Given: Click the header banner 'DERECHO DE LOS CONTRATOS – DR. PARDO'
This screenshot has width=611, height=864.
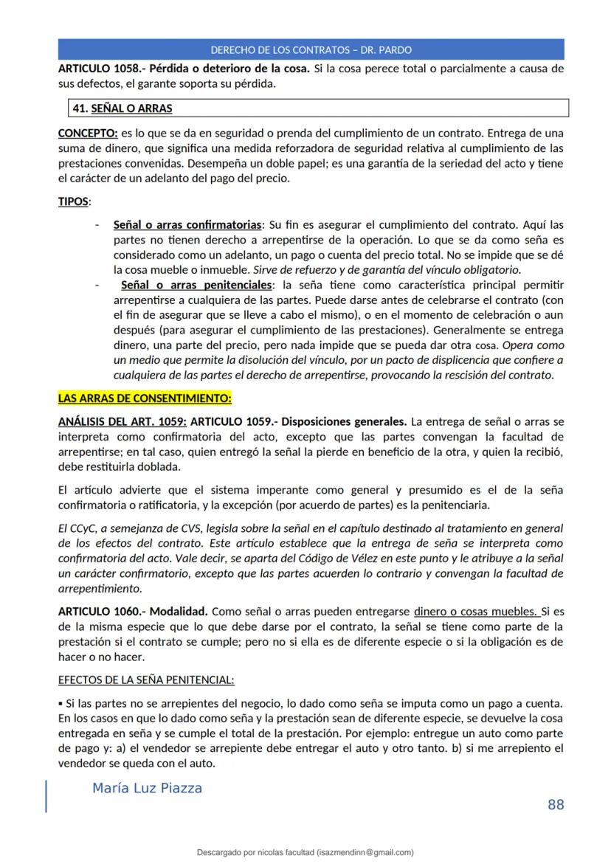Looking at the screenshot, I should pyautogui.click(x=311, y=50).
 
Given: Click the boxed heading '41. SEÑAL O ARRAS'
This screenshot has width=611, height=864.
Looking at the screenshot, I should pyautogui.click(x=122, y=108).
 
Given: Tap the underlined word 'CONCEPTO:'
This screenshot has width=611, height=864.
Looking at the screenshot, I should pyautogui.click(x=88, y=134).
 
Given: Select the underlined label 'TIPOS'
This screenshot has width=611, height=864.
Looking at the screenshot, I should pyautogui.click(x=73, y=201).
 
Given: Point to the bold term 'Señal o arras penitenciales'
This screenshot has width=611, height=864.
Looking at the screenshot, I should pyautogui.click(x=196, y=284).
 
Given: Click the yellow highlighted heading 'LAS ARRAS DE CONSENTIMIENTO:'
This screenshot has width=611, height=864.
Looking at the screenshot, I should pyautogui.click(x=145, y=398).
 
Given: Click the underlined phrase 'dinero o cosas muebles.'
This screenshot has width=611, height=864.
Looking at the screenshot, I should pyautogui.click(x=476, y=611).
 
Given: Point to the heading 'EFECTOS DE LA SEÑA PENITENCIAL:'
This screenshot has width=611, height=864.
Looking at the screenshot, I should pyautogui.click(x=146, y=680).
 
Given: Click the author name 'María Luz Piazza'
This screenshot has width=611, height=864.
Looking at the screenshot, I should pyautogui.click(x=147, y=788).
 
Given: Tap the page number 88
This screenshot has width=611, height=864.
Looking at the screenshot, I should pyautogui.click(x=556, y=804).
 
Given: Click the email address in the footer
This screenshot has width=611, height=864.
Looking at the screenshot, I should pyautogui.click(x=365, y=851).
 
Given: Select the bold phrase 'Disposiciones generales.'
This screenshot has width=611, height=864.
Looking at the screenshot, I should pyautogui.click(x=347, y=422).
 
